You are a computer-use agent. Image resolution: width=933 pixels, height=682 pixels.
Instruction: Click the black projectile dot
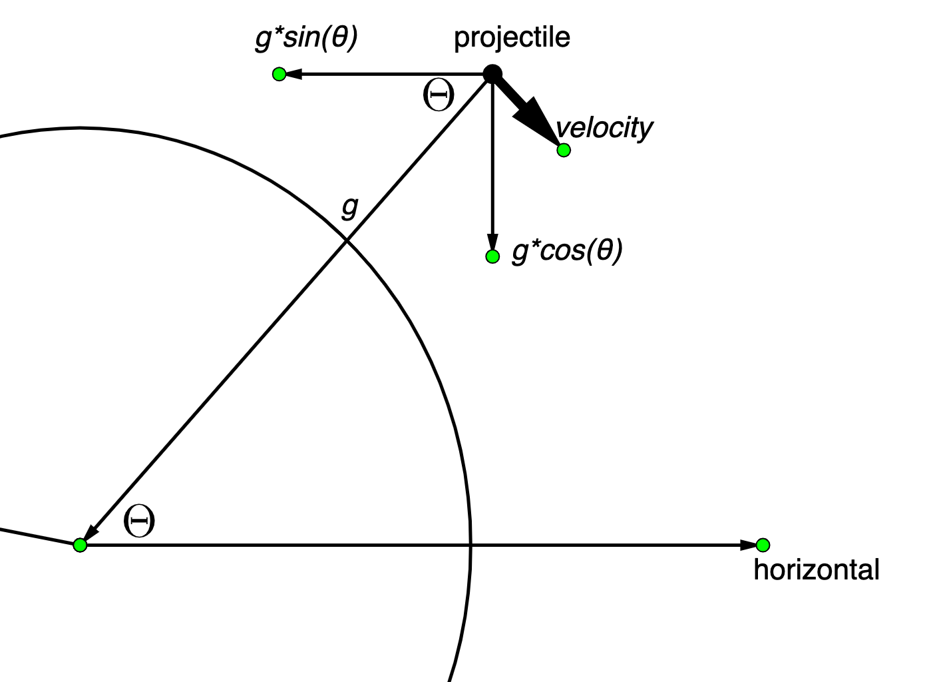click(492, 73)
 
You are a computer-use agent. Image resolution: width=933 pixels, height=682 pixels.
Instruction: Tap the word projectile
click(512, 37)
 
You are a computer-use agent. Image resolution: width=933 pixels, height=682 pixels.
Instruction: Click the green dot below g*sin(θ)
click(280, 74)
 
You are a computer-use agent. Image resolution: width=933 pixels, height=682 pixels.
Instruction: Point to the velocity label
click(604, 127)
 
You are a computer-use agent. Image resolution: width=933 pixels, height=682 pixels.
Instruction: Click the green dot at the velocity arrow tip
click(564, 150)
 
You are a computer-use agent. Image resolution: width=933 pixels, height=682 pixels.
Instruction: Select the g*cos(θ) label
click(567, 251)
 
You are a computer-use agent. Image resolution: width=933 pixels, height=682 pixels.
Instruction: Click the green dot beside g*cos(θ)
click(492, 256)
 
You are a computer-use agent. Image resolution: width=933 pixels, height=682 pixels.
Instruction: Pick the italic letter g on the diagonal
click(349, 207)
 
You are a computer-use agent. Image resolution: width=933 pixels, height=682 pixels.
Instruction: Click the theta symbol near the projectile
click(439, 97)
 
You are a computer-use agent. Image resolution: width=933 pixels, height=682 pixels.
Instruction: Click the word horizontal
click(817, 570)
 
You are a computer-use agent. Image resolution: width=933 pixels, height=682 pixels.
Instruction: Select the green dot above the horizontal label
click(763, 545)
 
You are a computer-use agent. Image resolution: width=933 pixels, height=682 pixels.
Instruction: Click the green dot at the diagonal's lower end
click(80, 545)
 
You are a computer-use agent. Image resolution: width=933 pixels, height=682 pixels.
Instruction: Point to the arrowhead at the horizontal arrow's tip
click(749, 545)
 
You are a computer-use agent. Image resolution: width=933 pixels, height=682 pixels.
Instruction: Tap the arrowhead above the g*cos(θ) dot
click(492, 241)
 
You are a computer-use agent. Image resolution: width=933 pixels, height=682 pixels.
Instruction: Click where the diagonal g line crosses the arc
click(346, 240)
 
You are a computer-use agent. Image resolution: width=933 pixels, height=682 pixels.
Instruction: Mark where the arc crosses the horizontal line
click(471, 545)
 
